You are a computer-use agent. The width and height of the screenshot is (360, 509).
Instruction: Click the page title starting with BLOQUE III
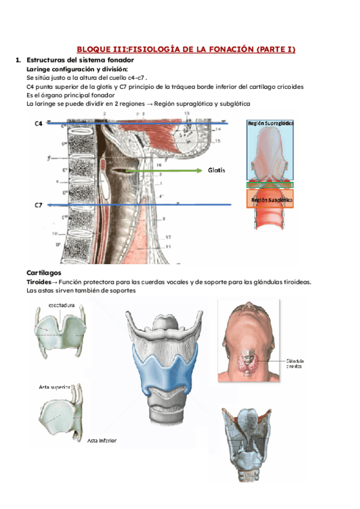[x=186, y=49]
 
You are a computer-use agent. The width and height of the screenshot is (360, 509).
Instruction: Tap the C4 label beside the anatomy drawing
[x=39, y=124]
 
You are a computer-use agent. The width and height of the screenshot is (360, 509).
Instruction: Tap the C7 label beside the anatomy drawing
[x=38, y=205]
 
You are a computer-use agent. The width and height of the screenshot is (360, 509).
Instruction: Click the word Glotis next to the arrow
[x=217, y=170]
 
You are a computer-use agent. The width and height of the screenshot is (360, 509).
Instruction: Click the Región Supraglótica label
[x=271, y=122]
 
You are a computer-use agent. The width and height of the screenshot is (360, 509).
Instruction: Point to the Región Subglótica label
[x=272, y=199]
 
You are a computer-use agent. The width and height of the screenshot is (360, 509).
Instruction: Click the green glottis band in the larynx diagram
[x=270, y=185]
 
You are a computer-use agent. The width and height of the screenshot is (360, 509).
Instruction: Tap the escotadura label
[x=62, y=306]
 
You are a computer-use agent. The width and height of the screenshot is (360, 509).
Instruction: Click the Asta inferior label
[x=101, y=441]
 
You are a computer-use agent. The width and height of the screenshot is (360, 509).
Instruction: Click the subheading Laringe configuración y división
[x=77, y=69]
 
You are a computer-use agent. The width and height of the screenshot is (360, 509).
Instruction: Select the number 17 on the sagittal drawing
[x=168, y=236]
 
